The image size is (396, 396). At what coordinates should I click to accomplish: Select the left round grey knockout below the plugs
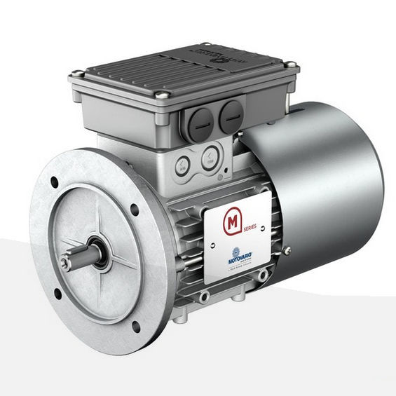[x=182, y=166]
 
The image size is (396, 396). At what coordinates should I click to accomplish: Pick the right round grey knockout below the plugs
[x=208, y=161]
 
